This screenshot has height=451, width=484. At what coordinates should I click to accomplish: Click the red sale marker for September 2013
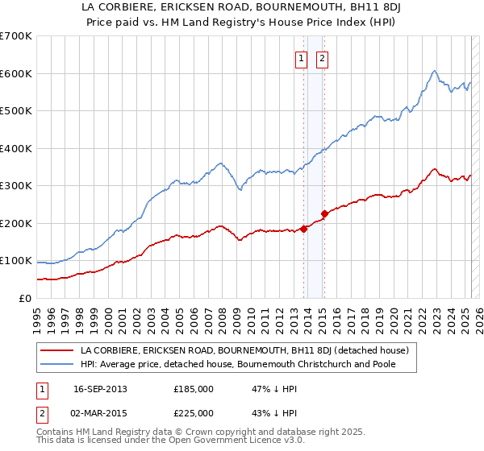click(304, 229)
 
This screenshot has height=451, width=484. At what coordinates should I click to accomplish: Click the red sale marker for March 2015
click(324, 213)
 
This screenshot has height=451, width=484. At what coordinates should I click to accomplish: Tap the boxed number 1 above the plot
click(301, 58)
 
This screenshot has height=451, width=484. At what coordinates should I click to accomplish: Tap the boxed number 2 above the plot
click(322, 58)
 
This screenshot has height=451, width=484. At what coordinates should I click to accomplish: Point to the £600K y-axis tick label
click(16, 73)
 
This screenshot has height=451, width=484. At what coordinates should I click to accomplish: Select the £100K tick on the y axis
click(16, 261)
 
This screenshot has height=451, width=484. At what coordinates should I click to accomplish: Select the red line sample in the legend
click(56, 351)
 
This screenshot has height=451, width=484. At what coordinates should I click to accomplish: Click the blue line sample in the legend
click(56, 365)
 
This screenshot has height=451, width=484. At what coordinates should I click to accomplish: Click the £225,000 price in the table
click(194, 412)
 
